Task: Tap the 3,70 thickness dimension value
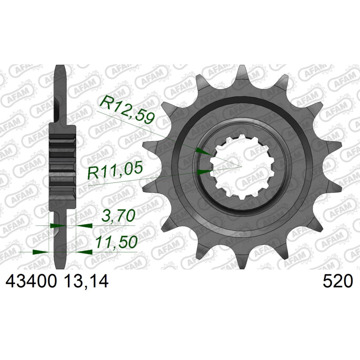coord(118,216)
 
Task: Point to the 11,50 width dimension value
coord(116,242)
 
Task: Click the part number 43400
coord(31,282)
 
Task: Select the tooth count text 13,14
coord(86,282)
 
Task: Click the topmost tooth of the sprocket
coord(241,72)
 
